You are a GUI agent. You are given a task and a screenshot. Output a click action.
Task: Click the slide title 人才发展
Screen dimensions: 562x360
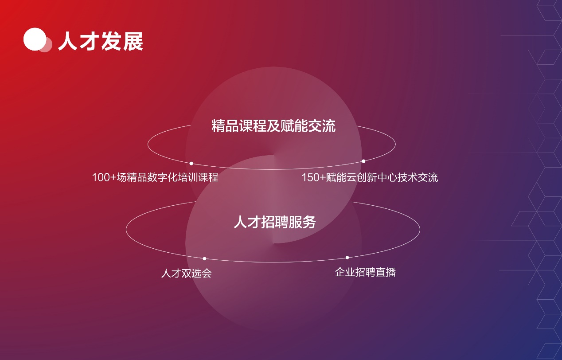pyautogui.click(x=101, y=41)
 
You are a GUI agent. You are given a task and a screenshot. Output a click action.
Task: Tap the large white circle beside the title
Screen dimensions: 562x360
pyautogui.click(x=35, y=39)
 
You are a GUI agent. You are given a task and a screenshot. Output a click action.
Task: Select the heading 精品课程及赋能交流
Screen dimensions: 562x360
pyautogui.click(x=273, y=126)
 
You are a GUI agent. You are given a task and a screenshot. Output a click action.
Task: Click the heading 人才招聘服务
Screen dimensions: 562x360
pyautogui.click(x=275, y=222)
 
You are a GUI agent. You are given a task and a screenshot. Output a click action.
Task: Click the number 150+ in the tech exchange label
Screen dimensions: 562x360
pyautogui.click(x=314, y=177)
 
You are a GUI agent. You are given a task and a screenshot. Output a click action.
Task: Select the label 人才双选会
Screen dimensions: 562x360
pyautogui.click(x=187, y=273)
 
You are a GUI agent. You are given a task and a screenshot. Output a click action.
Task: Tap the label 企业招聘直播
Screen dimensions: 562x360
pyautogui.click(x=365, y=272)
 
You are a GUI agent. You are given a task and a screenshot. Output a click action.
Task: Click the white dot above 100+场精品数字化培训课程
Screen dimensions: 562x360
pyautogui.click(x=191, y=164)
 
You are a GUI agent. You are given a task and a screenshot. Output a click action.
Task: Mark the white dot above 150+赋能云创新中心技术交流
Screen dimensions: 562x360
pyautogui.click(x=363, y=161)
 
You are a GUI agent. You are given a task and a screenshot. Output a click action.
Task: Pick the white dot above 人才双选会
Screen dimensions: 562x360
pyautogui.click(x=204, y=258)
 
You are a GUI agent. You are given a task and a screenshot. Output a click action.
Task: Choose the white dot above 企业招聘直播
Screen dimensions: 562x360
pyautogui.click(x=347, y=258)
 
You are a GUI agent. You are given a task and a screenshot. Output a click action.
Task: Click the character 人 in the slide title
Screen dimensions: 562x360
pyautogui.click(x=68, y=41)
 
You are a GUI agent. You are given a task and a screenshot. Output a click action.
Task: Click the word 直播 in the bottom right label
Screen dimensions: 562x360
pyautogui.click(x=386, y=272)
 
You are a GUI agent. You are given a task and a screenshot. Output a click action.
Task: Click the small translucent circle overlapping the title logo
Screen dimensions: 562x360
pyautogui.click(x=46, y=45)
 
